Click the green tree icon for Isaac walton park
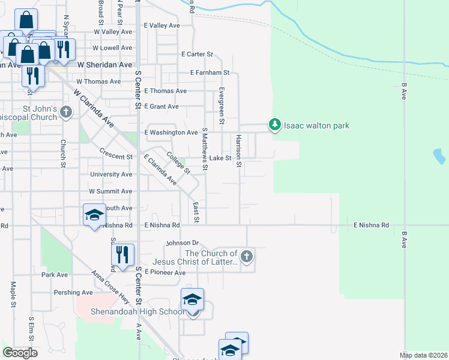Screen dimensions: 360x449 (275, 125)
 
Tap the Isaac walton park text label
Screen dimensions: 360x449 (316, 125)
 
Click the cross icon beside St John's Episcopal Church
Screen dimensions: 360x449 (66, 112)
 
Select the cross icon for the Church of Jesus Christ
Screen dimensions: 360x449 (246, 257)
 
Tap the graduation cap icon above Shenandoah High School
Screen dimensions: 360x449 (192, 299)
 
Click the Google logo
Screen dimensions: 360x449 (20, 353)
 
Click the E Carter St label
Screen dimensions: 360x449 (197, 54)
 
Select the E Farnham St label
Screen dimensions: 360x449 (209, 72)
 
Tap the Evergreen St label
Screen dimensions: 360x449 (221, 105)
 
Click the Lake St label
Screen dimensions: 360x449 (220, 158)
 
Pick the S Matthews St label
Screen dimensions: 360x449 (205, 148)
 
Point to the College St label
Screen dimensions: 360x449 (178, 162)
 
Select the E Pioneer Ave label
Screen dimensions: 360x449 (164, 272)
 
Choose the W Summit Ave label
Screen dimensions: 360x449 (110, 191)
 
